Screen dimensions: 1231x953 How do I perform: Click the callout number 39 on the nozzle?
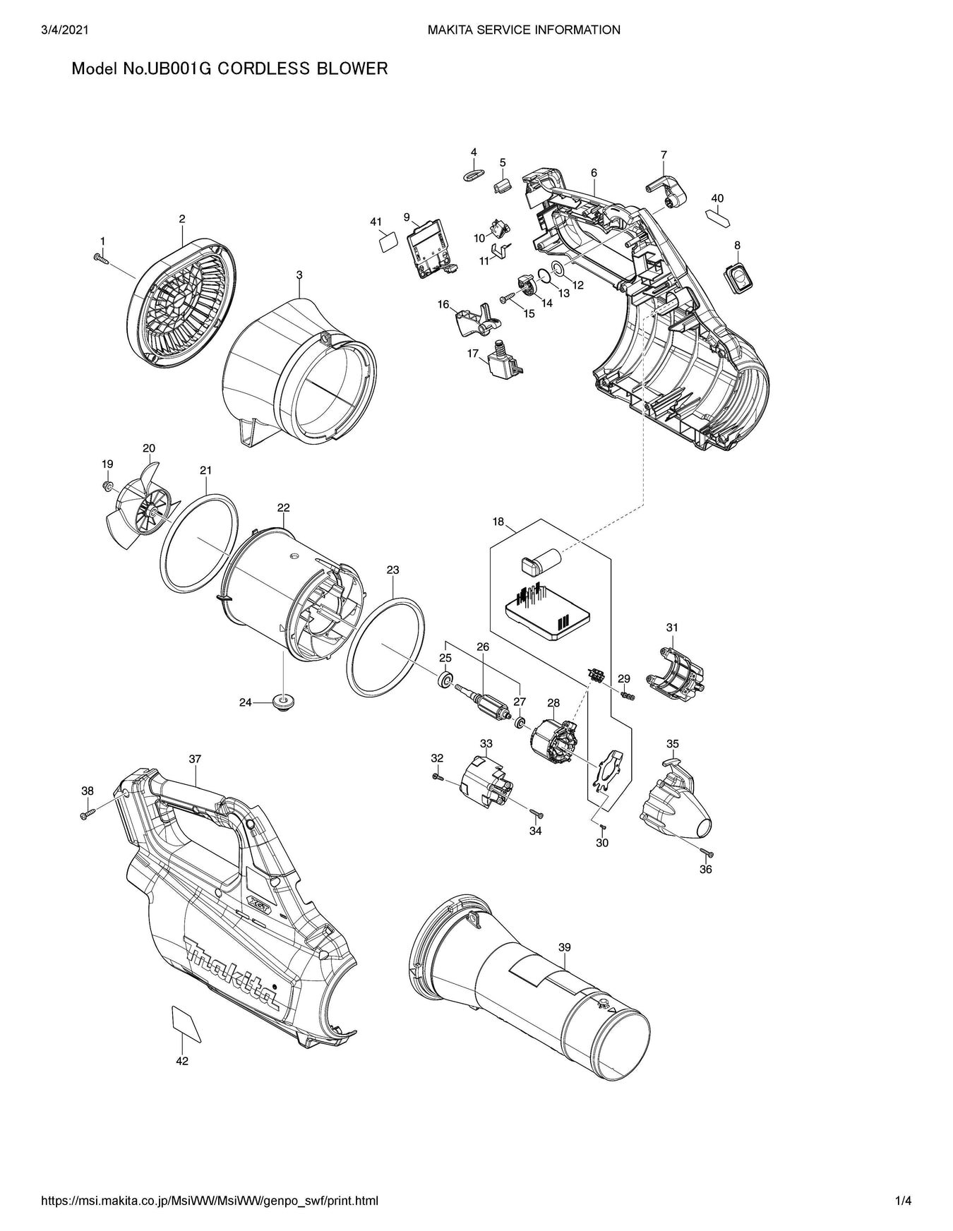tap(564, 947)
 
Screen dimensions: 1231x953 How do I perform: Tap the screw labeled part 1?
tap(100, 259)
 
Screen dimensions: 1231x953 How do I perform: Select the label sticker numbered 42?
tap(186, 1023)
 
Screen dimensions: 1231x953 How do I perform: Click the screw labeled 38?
tap(88, 814)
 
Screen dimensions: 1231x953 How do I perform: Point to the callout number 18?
tap(498, 522)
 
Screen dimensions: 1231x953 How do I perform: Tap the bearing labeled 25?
tap(445, 680)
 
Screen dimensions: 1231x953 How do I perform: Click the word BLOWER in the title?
tap(352, 68)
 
